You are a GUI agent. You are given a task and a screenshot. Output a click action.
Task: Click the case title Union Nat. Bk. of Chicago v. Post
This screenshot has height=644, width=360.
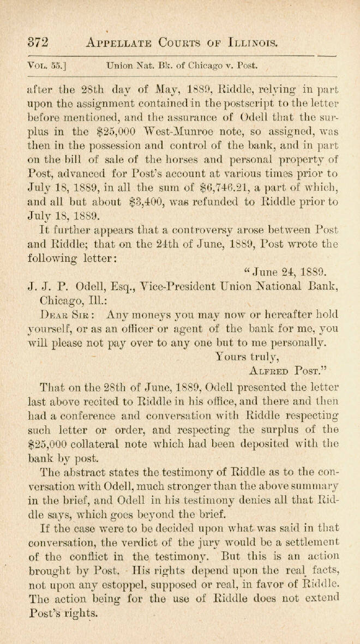click(182, 66)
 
